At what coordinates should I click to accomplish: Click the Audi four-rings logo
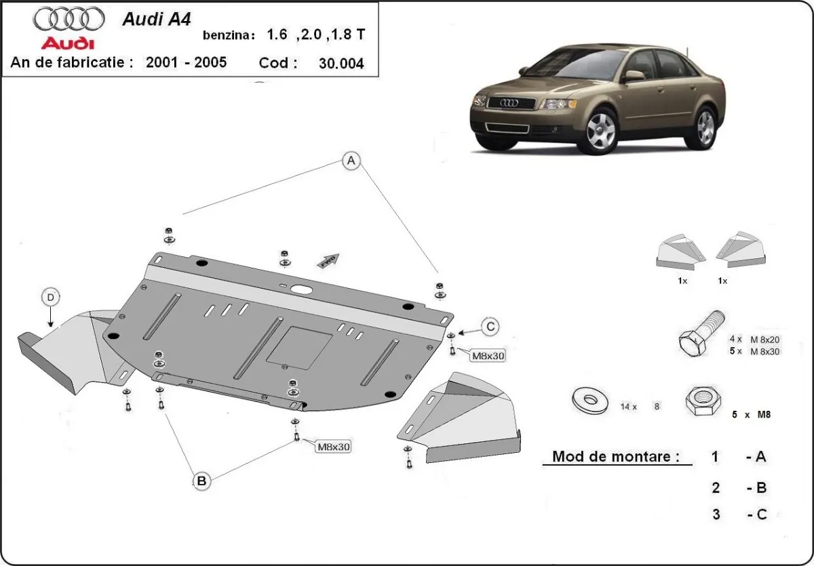click(x=69, y=19)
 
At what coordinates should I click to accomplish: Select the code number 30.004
click(x=341, y=64)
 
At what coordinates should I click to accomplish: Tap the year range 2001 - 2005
click(x=187, y=63)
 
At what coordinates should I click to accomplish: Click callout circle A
click(x=350, y=161)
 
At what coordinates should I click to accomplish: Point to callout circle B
click(x=201, y=481)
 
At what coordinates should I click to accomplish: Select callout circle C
click(x=490, y=327)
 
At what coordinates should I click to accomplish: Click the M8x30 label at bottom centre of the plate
click(x=332, y=446)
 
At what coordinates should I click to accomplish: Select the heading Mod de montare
click(x=615, y=456)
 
